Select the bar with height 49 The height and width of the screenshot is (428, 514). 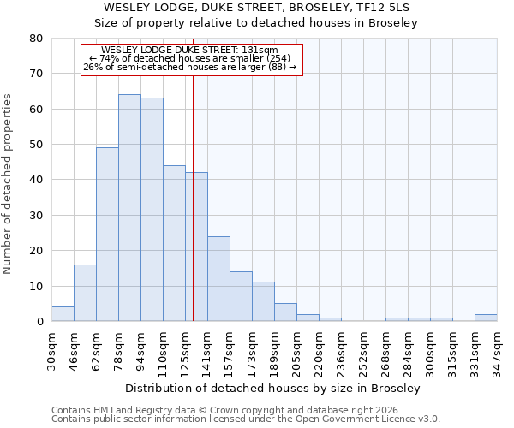click(107, 235)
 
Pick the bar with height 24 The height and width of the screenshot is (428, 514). click(218, 279)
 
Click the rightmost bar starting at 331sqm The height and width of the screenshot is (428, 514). click(486, 318)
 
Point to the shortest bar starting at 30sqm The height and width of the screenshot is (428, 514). click(63, 314)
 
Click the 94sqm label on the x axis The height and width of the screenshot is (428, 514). click(141, 349)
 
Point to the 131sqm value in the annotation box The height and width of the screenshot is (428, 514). click(260, 50)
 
